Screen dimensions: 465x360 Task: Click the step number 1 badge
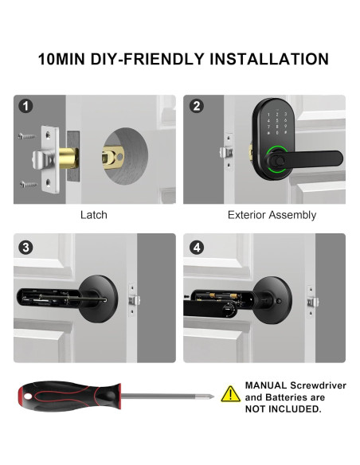coord(26,107)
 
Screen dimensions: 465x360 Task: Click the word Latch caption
coord(93,215)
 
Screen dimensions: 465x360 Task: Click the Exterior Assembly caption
coord(272,215)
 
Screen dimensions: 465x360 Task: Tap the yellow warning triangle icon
coord(230,393)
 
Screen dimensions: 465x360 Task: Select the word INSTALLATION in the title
coord(269,60)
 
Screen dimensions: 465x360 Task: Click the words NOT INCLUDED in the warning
coord(284,409)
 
